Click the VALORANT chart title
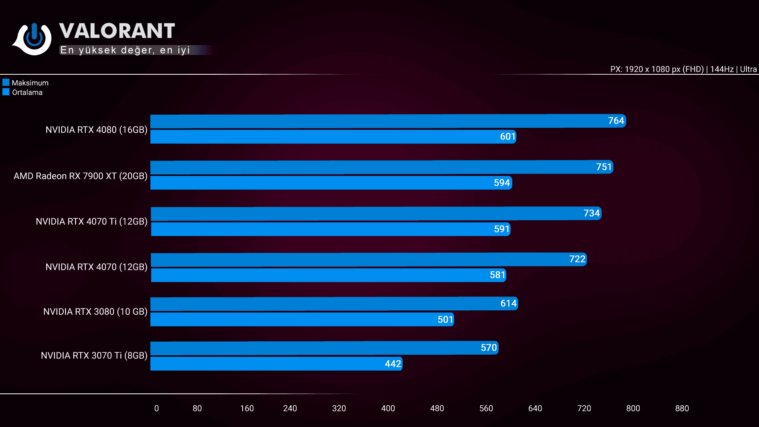[117, 31]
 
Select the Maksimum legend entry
[26, 83]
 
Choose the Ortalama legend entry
[23, 93]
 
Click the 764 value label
[616, 121]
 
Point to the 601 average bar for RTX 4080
[333, 137]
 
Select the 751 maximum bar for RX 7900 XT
[381, 167]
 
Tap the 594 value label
[502, 183]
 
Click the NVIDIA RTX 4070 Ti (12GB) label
[91, 221]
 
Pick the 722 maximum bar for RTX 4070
[368, 259]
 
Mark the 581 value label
[497, 275]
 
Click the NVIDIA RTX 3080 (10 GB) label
[95, 312]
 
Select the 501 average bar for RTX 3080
[302, 319]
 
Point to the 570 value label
[489, 348]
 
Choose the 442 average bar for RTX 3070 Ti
[276, 364]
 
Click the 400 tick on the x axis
[388, 408]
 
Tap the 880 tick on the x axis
[682, 408]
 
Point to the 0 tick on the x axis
[157, 408]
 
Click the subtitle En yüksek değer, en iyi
[125, 50]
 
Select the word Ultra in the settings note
[748, 69]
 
